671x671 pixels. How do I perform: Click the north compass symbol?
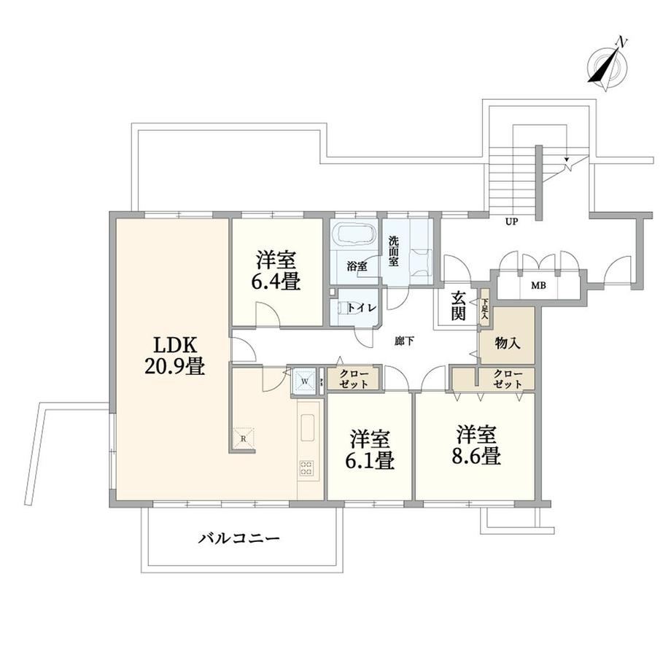pyautogui.click(x=607, y=66)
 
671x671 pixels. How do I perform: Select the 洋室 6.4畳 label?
pyautogui.click(x=276, y=271)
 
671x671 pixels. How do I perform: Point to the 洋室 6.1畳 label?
pyautogui.click(x=370, y=450)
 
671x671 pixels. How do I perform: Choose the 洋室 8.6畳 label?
pyautogui.click(x=476, y=445)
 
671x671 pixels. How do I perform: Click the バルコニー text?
pyautogui.click(x=238, y=538)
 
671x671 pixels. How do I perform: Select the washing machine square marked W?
pyautogui.click(x=305, y=381)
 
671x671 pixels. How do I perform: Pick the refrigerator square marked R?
pyautogui.click(x=244, y=438)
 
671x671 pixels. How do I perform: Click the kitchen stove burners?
pyautogui.click(x=306, y=468)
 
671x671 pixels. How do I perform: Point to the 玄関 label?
pyautogui.click(x=458, y=306)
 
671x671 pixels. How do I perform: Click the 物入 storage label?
pyautogui.click(x=508, y=343)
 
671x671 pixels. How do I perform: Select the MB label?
pyautogui.click(x=538, y=285)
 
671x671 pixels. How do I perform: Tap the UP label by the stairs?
pyautogui.click(x=511, y=222)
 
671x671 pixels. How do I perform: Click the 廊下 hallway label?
pyautogui.click(x=404, y=341)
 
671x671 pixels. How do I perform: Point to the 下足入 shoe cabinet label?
pyautogui.click(x=485, y=309)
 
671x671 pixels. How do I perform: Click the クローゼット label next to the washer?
pyautogui.click(x=354, y=379)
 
